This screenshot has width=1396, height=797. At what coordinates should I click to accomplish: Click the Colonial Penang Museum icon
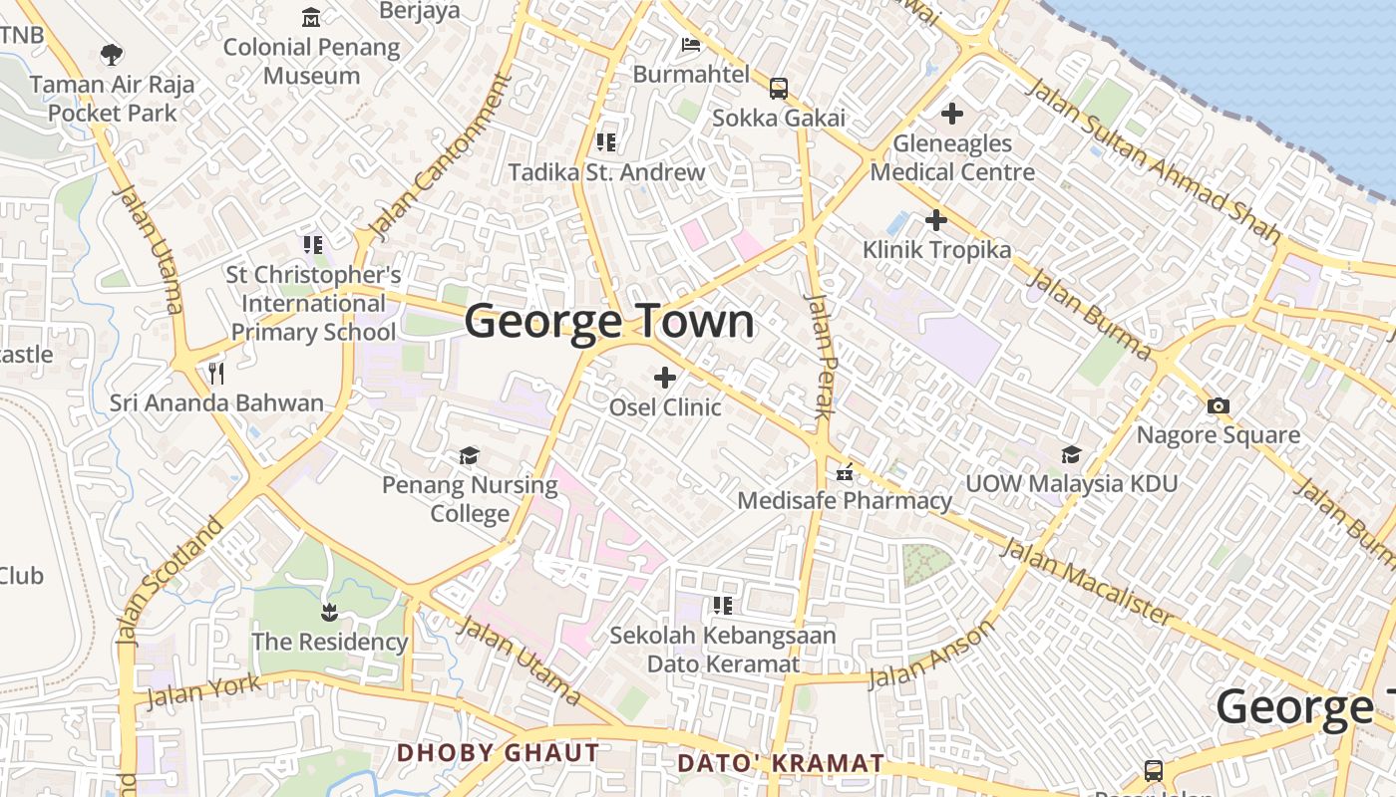pyautogui.click(x=311, y=18)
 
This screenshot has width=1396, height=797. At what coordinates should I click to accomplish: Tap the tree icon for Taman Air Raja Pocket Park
pyautogui.click(x=112, y=55)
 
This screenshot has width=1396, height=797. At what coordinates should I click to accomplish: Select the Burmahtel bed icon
pyautogui.click(x=690, y=45)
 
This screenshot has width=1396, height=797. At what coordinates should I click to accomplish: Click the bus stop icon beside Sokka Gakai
pyautogui.click(x=778, y=89)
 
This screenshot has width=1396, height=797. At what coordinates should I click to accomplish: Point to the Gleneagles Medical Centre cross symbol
pyautogui.click(x=952, y=114)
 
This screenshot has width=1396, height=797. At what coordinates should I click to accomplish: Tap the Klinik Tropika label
pyautogui.click(x=936, y=249)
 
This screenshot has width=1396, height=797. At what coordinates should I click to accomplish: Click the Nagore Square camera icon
pyautogui.click(x=1218, y=405)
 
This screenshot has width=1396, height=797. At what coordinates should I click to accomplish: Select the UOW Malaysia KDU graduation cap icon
pyautogui.click(x=1071, y=455)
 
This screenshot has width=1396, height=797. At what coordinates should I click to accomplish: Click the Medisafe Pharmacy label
pyautogui.click(x=845, y=500)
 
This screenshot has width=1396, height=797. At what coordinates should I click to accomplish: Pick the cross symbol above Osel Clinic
pyautogui.click(x=665, y=378)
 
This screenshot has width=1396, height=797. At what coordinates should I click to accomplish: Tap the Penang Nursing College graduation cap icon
pyautogui.click(x=469, y=456)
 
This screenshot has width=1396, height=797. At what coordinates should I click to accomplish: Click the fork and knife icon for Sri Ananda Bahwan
pyautogui.click(x=216, y=374)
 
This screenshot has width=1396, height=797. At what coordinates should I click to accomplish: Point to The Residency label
pyautogui.click(x=329, y=642)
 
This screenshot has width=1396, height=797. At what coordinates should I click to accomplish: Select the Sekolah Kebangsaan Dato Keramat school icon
pyautogui.click(x=723, y=606)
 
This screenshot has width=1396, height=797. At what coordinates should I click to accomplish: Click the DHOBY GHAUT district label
pyautogui.click(x=499, y=753)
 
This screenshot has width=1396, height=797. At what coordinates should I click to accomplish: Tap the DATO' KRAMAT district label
pyautogui.click(x=780, y=764)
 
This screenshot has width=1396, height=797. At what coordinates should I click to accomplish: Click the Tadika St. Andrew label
pyautogui.click(x=606, y=172)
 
